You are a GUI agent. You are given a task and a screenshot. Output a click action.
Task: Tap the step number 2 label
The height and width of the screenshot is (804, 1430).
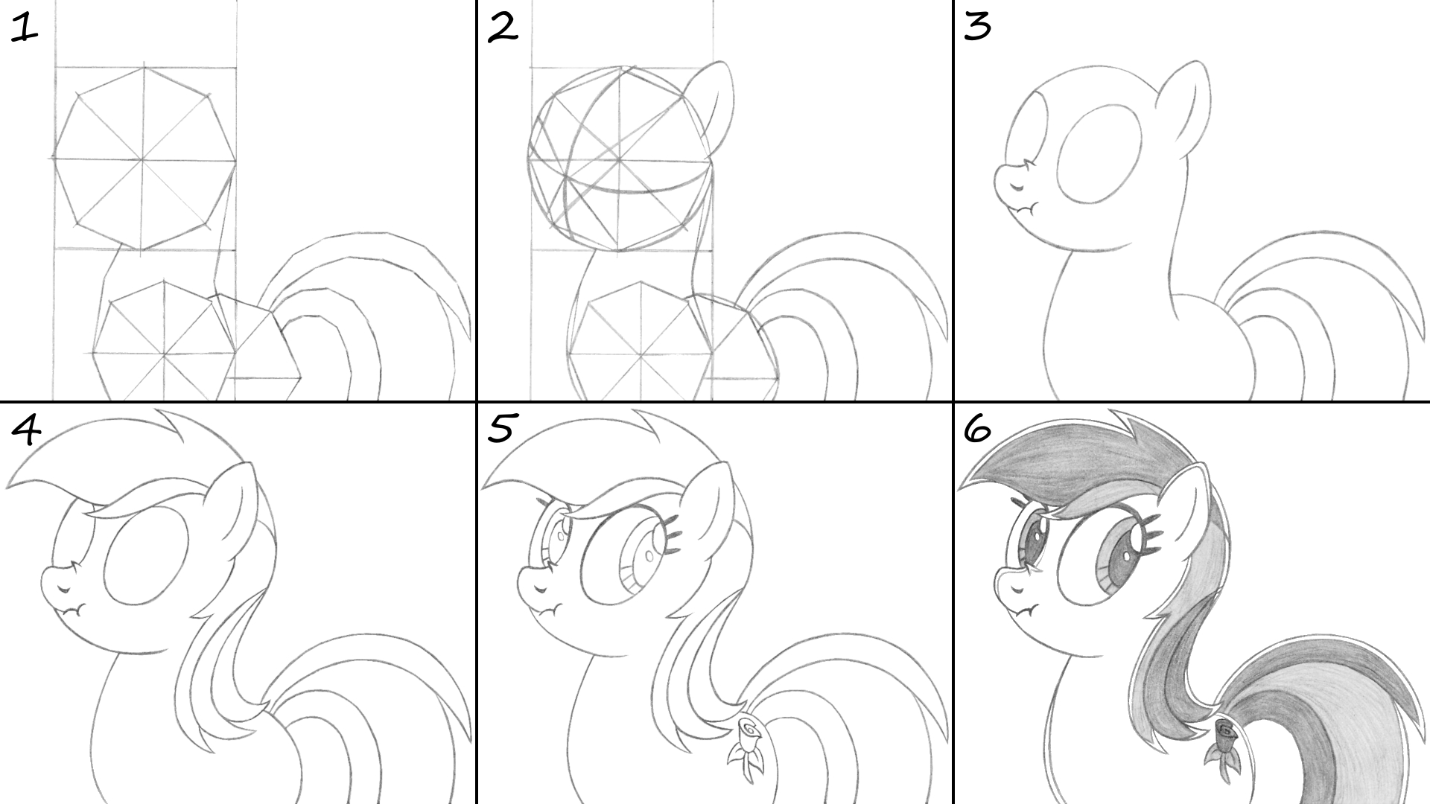[x=503, y=28]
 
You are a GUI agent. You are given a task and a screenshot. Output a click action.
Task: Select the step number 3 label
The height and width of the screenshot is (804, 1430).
[x=977, y=28]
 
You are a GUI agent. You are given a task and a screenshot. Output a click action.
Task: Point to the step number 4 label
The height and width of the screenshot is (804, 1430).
[x=26, y=430]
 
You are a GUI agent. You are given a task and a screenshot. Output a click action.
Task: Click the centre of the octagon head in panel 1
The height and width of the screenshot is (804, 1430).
[x=143, y=159]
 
